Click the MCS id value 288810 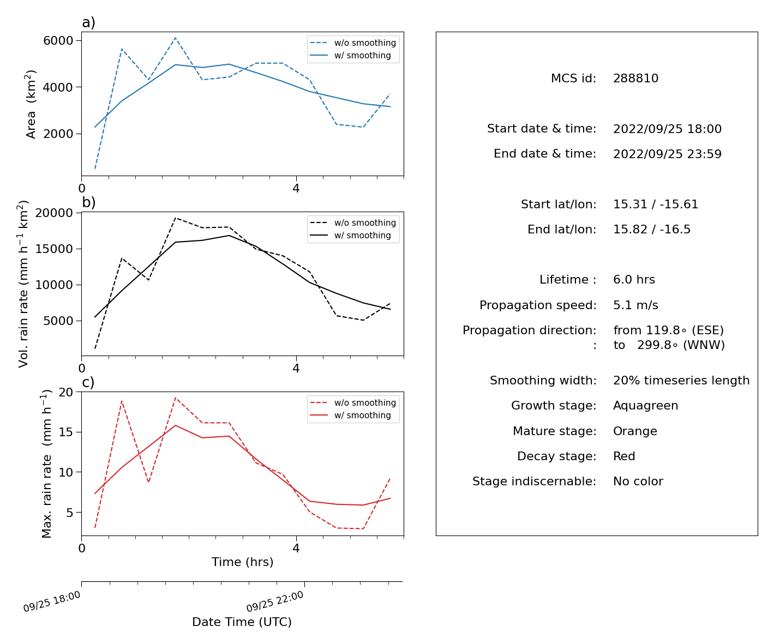pyautogui.click(x=635, y=78)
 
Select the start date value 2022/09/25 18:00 pyautogui.click(x=667, y=129)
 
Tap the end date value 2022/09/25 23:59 pyautogui.click(x=667, y=154)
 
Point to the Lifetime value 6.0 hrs pyautogui.click(x=634, y=279)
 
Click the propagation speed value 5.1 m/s pyautogui.click(x=635, y=305)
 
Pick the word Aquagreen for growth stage pyautogui.click(x=645, y=405)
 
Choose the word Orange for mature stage pyautogui.click(x=635, y=431)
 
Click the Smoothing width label pyautogui.click(x=543, y=380)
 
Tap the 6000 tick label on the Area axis pyautogui.click(x=58, y=40)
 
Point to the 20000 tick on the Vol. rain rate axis pyautogui.click(x=54, y=213)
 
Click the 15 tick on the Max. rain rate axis pyautogui.click(x=65, y=432)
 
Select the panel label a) pyautogui.click(x=88, y=22)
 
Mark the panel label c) pyautogui.click(x=88, y=382)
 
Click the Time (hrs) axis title pyautogui.click(x=242, y=562)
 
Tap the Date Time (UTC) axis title pyautogui.click(x=242, y=622)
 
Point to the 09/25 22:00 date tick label pyautogui.click(x=275, y=601)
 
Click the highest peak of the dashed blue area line pyautogui.click(x=175, y=38)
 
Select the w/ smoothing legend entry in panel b pyautogui.click(x=353, y=235)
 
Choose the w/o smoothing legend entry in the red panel pyautogui.click(x=353, y=403)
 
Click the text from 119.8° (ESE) pyautogui.click(x=668, y=330)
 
